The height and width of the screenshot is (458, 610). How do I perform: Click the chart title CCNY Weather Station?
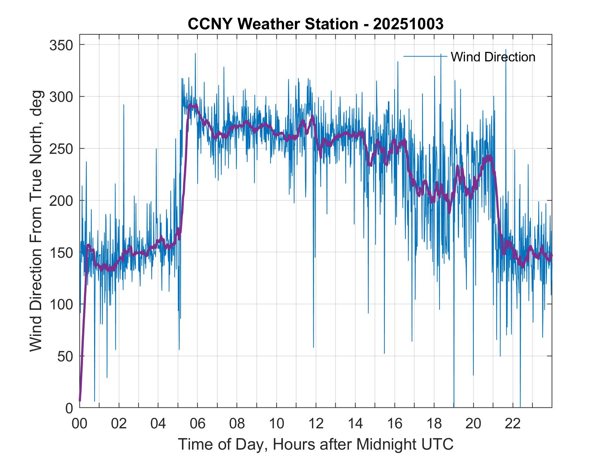273,24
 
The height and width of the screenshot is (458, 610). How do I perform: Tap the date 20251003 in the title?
408,24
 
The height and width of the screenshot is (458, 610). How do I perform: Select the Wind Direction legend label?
493,57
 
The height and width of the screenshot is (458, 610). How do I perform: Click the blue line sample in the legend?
425,56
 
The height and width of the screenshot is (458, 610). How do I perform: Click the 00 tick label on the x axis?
79,424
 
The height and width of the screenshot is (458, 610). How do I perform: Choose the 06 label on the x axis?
198,424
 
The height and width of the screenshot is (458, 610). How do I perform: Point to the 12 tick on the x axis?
316,424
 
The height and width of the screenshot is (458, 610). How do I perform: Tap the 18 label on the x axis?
434,424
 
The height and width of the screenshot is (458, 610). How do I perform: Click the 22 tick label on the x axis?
513,424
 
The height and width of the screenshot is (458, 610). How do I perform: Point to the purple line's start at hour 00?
80,400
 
